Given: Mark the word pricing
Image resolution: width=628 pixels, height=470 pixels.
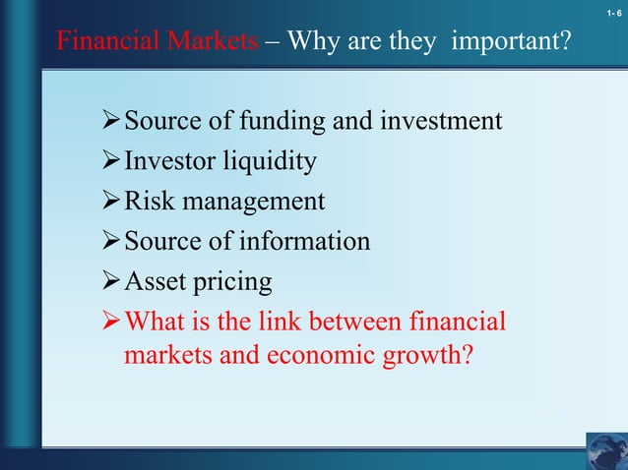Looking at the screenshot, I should pos(235,282).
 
